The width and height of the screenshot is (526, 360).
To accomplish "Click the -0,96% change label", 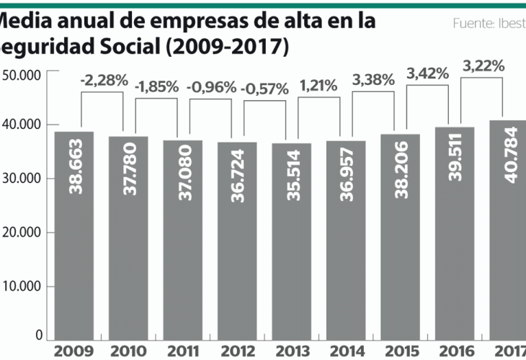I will click(211, 88).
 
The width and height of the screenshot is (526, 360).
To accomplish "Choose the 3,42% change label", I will click(428, 73).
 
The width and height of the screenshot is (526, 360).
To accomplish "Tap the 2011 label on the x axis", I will click(184, 351).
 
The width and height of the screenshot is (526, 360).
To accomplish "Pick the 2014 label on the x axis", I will click(346, 351).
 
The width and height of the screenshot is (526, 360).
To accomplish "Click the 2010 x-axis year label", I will click(130, 351).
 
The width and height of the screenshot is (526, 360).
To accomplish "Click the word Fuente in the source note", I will click(471, 24).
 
